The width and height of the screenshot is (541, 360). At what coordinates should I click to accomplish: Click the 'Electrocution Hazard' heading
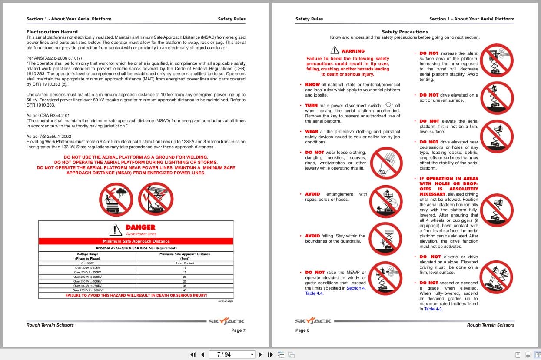point(52,32)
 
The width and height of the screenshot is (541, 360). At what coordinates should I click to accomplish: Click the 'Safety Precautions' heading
point(405,32)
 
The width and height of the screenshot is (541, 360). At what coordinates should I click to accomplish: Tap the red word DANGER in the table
point(140,227)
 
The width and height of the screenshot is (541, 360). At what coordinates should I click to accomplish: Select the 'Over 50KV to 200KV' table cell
point(87,272)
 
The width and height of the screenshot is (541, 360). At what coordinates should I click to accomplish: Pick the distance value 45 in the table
point(185,290)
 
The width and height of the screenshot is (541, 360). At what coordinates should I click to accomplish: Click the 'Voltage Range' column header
point(87,254)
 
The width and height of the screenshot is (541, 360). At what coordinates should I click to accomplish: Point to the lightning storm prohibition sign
point(116,198)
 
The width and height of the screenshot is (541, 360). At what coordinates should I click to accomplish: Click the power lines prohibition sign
point(156,198)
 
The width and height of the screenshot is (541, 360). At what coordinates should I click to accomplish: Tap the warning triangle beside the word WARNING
point(335,50)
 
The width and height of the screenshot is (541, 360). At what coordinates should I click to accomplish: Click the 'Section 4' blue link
point(355,288)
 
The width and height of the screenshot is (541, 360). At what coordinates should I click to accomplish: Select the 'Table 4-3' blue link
point(433,309)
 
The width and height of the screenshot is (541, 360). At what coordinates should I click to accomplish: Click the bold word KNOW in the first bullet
point(312,85)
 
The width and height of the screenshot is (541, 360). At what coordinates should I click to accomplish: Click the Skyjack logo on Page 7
point(226,321)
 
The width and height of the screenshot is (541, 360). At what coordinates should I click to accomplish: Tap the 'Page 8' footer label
point(302,330)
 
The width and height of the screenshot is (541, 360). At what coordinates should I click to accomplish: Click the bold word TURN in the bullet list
point(311,106)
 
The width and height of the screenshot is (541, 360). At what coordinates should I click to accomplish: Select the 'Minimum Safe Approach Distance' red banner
point(136,241)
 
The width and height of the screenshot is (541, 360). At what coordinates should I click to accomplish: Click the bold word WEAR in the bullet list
point(312,132)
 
